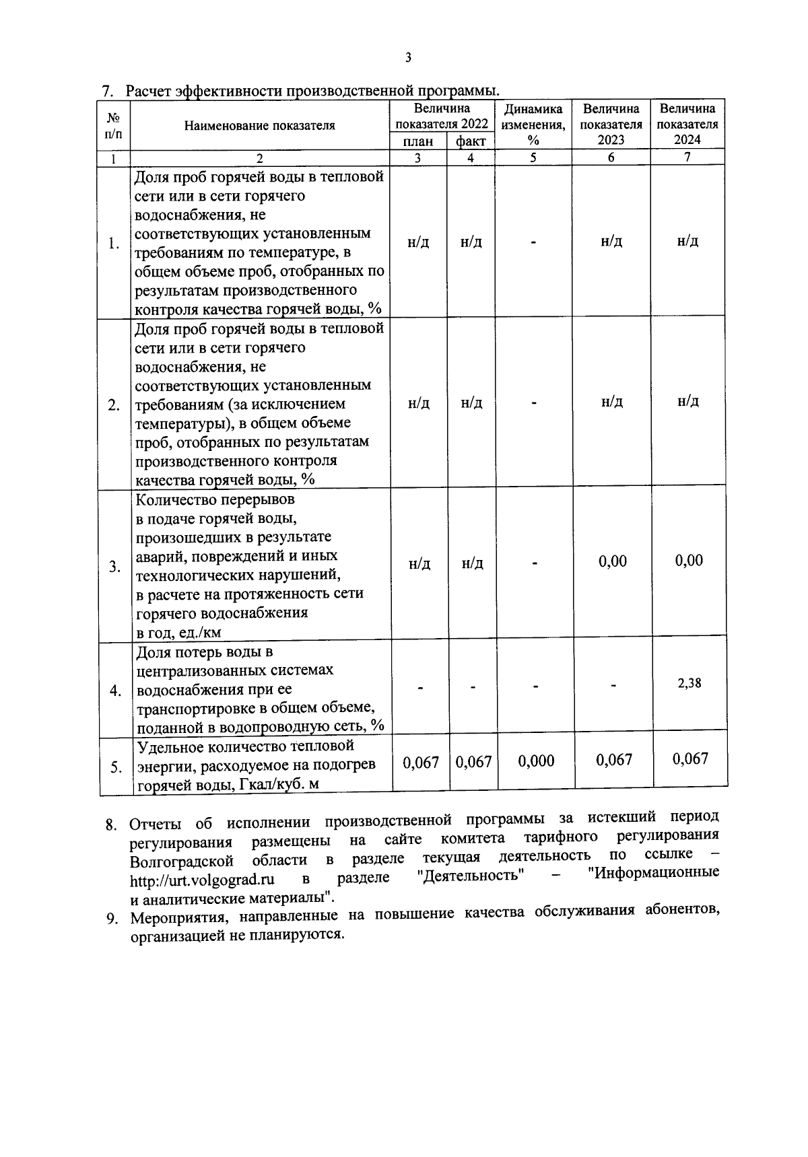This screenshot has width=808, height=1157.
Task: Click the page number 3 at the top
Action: tap(407, 58)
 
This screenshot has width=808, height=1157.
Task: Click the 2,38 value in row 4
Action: tap(689, 683)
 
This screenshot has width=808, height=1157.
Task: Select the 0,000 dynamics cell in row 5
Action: tap(536, 761)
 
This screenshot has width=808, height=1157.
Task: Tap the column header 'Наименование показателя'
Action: tap(260, 125)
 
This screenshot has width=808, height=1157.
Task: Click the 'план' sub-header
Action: tap(418, 141)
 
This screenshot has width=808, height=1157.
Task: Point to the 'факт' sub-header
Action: tap(471, 141)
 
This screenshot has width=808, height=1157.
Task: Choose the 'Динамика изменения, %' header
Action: tap(533, 125)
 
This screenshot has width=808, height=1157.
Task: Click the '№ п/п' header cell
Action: tap(114, 125)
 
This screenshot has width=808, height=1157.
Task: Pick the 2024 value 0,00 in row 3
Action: tap(689, 561)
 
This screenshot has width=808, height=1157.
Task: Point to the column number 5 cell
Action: tap(533, 157)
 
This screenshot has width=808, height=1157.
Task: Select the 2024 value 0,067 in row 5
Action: tap(690, 759)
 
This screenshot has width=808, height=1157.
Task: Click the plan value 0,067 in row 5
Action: tap(420, 763)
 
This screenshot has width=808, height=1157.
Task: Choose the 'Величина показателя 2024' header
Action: tap(687, 125)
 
